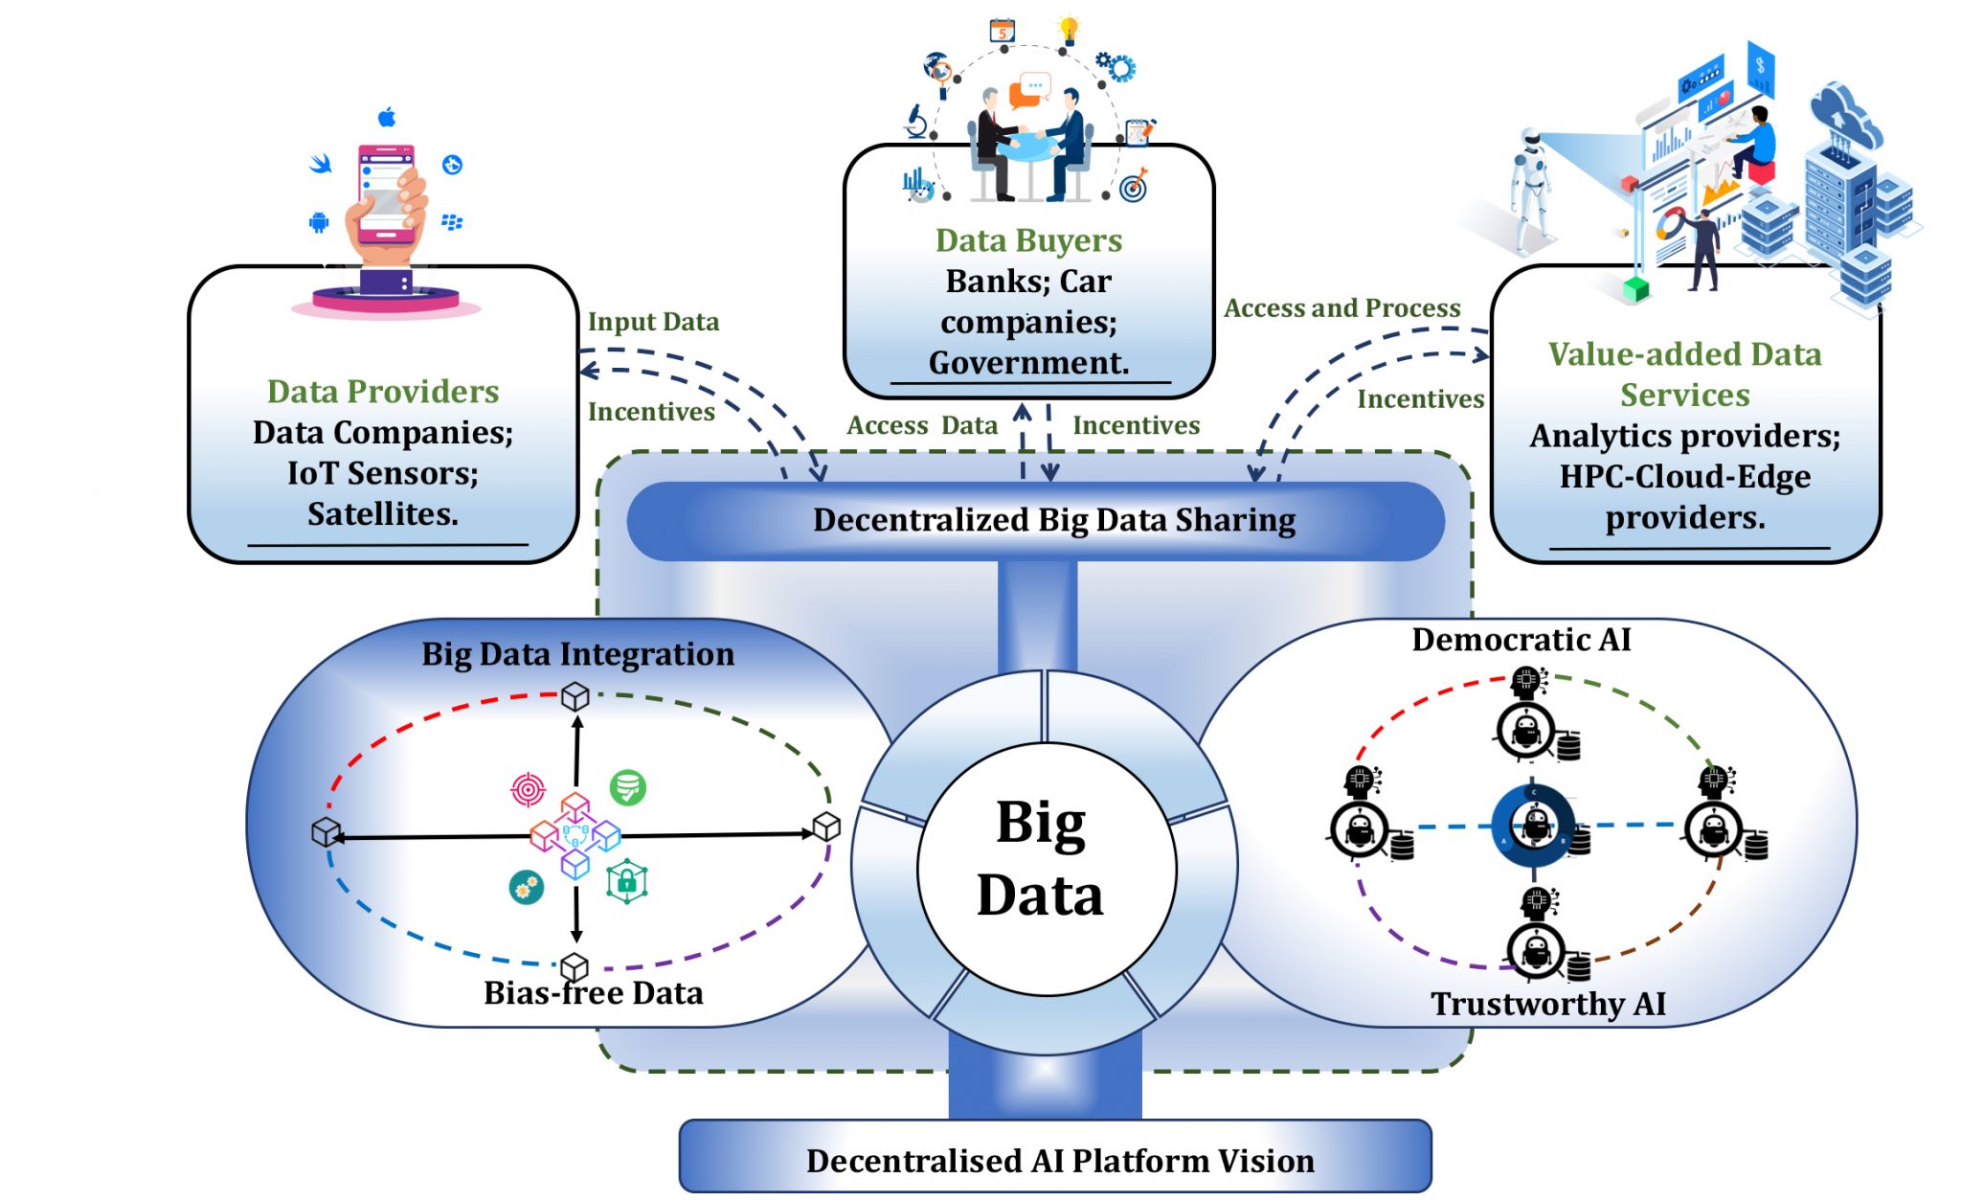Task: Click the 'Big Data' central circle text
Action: pyautogui.click(x=1041, y=858)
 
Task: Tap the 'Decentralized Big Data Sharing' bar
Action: pyautogui.click(x=1053, y=520)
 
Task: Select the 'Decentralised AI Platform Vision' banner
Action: pyautogui.click(x=1059, y=1161)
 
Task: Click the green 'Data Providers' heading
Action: pyautogui.click(x=383, y=391)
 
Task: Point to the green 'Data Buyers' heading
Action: pyautogui.click(x=1028, y=239)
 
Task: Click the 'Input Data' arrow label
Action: pyautogui.click(x=653, y=322)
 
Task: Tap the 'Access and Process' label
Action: pyautogui.click(x=1341, y=308)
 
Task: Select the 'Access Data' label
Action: pyautogui.click(x=921, y=425)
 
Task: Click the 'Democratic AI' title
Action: pyautogui.click(x=1521, y=640)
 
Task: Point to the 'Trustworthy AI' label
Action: pyautogui.click(x=1547, y=1004)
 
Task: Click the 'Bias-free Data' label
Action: pyautogui.click(x=593, y=993)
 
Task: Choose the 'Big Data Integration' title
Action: pyautogui.click(x=577, y=654)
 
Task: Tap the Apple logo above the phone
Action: pyautogui.click(x=387, y=117)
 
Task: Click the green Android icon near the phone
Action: pyautogui.click(x=319, y=222)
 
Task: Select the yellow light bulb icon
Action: pyautogui.click(x=1069, y=29)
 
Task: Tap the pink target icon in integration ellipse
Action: pyautogui.click(x=528, y=789)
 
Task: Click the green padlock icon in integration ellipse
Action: pyautogui.click(x=627, y=881)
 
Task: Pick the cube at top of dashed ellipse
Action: pyautogui.click(x=575, y=695)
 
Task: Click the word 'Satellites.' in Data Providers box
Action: pyautogui.click(x=383, y=514)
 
